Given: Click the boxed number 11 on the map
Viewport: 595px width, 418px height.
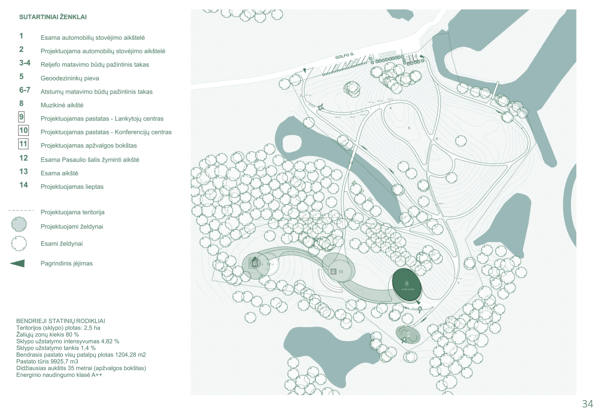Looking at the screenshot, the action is [x=255, y=264].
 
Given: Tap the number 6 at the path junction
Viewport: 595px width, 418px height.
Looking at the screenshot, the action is [x=437, y=139].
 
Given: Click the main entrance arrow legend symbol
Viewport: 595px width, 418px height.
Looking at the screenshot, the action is [x=18, y=263].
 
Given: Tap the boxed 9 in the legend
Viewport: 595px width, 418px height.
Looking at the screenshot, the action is [x=21, y=117].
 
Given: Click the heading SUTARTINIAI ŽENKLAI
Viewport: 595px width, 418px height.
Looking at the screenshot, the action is [x=53, y=17].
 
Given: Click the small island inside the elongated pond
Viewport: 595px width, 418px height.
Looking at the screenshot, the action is [x=292, y=143].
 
